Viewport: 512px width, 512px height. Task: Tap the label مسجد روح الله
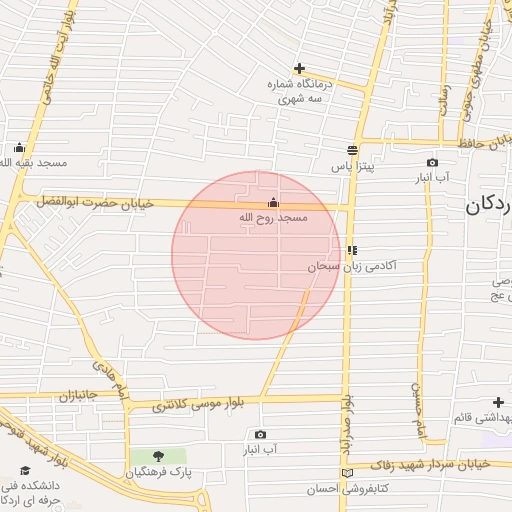(274, 218)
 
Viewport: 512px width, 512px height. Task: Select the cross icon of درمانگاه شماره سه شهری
(299, 68)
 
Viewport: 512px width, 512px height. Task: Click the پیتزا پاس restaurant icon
(352, 151)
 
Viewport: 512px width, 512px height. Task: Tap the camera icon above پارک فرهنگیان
(260, 434)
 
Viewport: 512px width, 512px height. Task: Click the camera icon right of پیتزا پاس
(432, 162)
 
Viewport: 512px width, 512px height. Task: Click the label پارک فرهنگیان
(159, 470)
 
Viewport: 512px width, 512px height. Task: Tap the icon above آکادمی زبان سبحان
(352, 250)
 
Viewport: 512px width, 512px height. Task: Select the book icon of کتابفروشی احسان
(347, 472)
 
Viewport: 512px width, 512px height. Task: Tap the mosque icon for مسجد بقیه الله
(19, 146)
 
